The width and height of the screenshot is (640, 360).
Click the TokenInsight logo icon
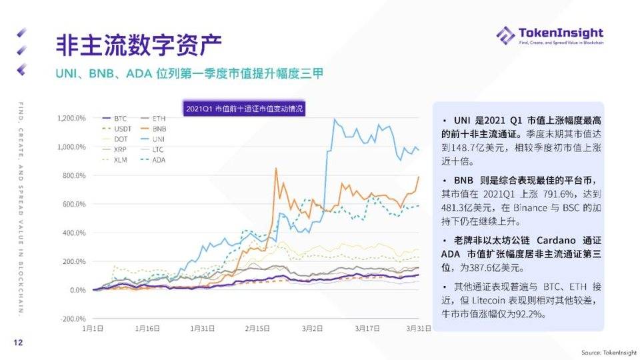pyautogui.click(x=505, y=35)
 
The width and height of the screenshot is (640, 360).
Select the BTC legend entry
pyautogui.click(x=118, y=118)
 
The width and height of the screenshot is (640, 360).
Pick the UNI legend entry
pyautogui.click(x=159, y=139)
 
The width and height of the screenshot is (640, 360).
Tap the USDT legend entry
pyautogui.click(x=121, y=128)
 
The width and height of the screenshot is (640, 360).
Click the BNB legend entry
pyautogui.click(x=159, y=128)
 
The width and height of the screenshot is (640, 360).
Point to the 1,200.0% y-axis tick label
pyautogui.click(x=71, y=118)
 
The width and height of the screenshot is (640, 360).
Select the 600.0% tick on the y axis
pyautogui.click(x=74, y=204)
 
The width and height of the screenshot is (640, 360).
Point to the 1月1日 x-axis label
pyautogui.click(x=93, y=328)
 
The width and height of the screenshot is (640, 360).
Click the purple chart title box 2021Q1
pyautogui.click(x=244, y=107)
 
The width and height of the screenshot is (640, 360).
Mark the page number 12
pyautogui.click(x=19, y=343)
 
